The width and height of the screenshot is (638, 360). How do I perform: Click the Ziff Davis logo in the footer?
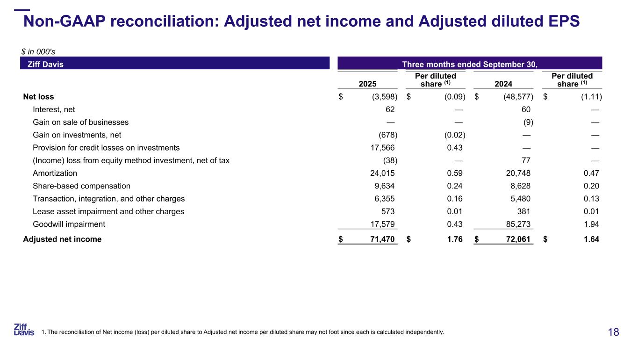point(24,330)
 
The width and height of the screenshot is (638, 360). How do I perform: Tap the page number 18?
point(613,332)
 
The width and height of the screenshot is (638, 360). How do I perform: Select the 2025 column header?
point(367,84)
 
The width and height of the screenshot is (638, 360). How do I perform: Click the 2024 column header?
point(503,84)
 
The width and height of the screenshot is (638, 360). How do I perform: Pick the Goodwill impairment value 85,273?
point(516,224)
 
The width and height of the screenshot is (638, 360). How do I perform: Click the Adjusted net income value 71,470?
point(380,239)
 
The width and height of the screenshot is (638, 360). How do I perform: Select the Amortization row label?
point(55,173)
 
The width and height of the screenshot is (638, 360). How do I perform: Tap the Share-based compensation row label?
point(81,186)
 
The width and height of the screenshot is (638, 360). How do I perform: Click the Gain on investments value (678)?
point(387,135)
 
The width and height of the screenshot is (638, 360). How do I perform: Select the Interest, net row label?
point(54,109)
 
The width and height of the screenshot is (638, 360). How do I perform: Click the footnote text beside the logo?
point(243,332)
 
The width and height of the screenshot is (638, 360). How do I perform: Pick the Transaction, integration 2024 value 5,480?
point(518,199)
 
